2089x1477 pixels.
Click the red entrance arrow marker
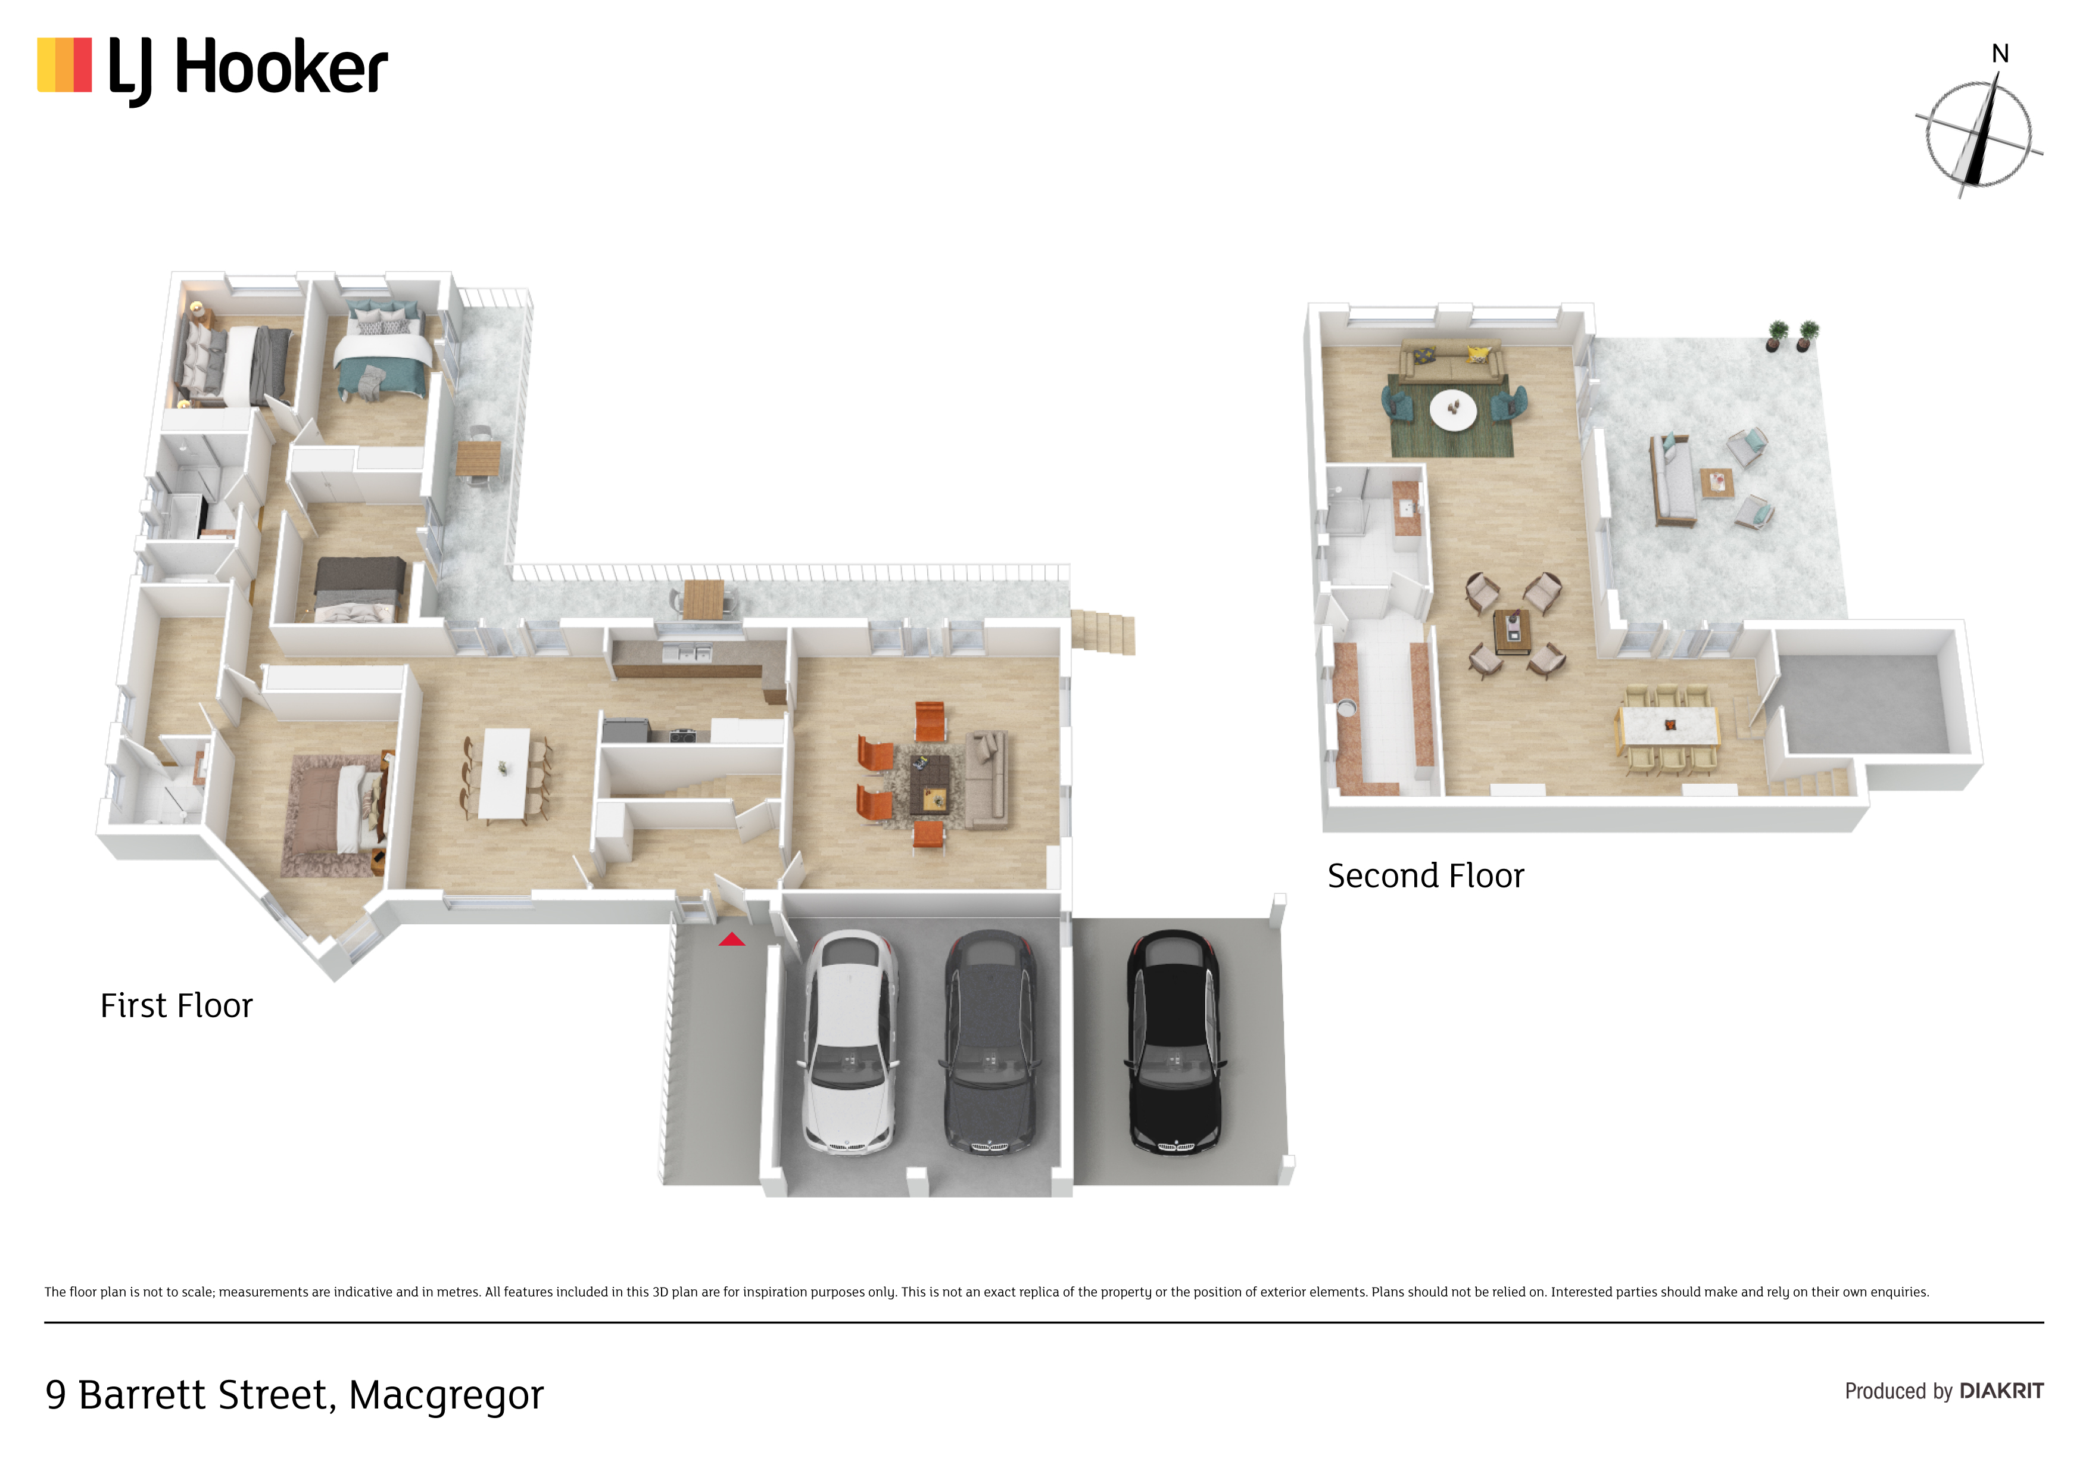(731, 939)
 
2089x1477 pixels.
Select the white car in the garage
(850, 1042)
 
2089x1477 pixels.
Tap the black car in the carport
(1174, 1042)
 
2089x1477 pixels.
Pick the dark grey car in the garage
(989, 1042)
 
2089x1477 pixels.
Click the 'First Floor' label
(176, 1005)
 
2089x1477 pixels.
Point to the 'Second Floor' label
(1426, 875)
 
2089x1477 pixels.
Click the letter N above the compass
(2000, 54)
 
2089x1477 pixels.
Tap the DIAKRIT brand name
(2001, 1391)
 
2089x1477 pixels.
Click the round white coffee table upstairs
(1453, 410)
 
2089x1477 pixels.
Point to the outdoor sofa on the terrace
(1672, 479)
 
